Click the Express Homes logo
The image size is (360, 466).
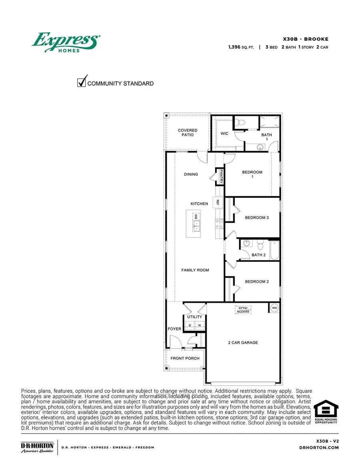pyautogui.click(x=66, y=42)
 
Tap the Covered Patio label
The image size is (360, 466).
pyautogui.click(x=188, y=133)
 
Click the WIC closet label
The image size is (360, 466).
pyautogui.click(x=224, y=133)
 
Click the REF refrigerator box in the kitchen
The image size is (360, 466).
pyautogui.click(x=218, y=203)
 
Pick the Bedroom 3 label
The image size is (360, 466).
pyautogui.click(x=257, y=218)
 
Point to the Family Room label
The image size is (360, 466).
pyautogui.click(x=195, y=270)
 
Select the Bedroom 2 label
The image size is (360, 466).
pyautogui.click(x=257, y=282)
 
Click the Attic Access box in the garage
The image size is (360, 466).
pyautogui.click(x=243, y=310)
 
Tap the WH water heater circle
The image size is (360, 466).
pyautogui.click(x=274, y=308)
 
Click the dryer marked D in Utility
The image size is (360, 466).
pyautogui.click(x=190, y=325)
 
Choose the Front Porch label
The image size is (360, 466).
pyautogui.click(x=185, y=358)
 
